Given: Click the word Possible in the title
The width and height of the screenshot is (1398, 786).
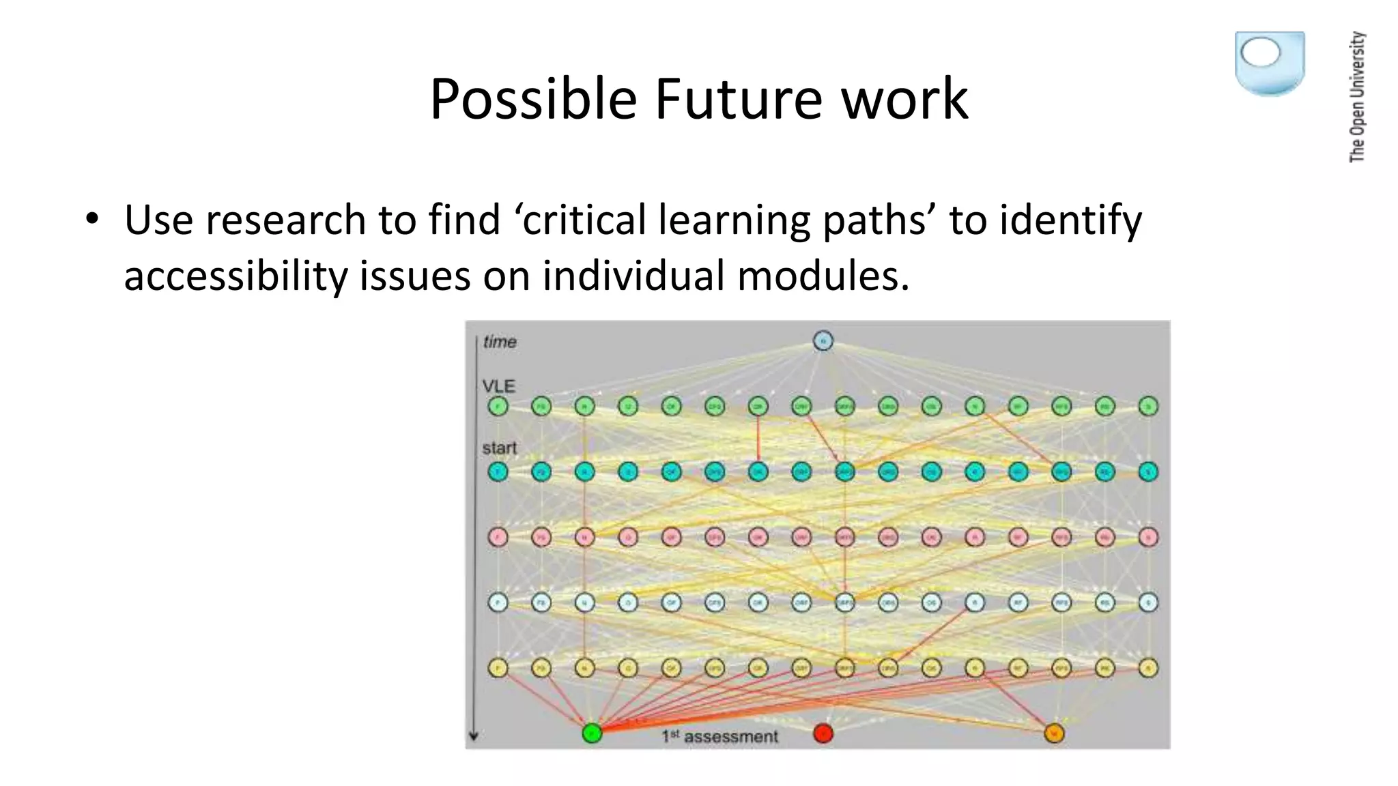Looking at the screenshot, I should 533,100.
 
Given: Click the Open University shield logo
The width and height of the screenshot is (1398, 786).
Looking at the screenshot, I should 1270,63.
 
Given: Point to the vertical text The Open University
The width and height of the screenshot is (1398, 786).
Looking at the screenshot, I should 1357,97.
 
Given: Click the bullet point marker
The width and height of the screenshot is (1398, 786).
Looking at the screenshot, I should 92,220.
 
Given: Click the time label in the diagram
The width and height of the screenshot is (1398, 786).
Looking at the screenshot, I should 500,341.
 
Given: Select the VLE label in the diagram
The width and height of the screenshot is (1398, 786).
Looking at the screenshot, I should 498,385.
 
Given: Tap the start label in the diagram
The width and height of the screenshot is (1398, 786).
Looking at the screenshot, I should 500,448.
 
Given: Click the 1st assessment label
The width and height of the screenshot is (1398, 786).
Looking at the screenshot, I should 719,736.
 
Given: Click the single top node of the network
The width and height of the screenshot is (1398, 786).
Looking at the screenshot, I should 823,340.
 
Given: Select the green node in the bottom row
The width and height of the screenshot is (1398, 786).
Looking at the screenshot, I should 592,733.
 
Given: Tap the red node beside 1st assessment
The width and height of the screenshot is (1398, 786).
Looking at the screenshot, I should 823,733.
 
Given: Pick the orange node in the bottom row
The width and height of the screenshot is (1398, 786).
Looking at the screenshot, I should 1055,733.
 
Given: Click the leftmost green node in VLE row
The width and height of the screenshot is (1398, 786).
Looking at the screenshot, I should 498,407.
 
